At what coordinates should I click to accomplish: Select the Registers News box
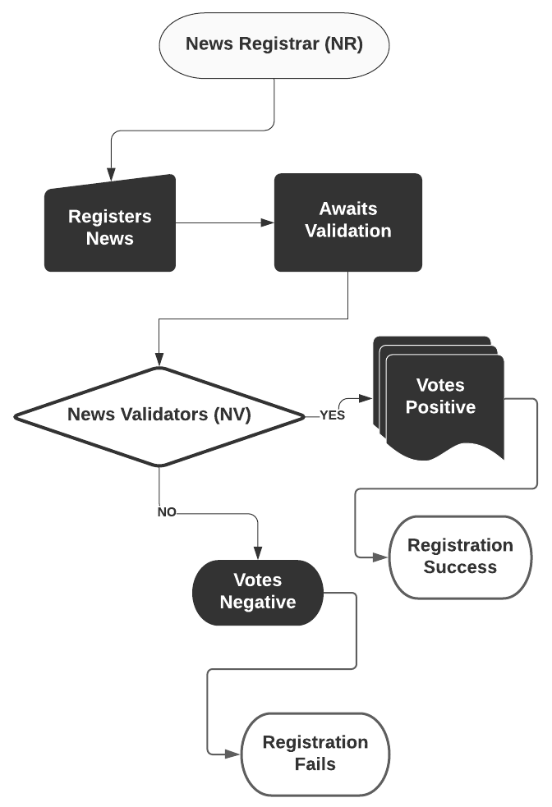coord(109,226)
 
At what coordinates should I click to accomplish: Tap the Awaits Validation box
coord(347,222)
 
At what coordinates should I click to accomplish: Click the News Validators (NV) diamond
coord(159,415)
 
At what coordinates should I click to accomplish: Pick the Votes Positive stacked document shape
coord(444,398)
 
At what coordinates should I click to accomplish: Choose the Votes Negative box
coord(257,592)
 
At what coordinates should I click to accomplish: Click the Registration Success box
coord(459,557)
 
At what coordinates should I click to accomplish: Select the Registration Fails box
coord(315,753)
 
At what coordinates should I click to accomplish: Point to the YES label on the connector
coord(332,415)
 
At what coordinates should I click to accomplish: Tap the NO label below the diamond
coord(167,512)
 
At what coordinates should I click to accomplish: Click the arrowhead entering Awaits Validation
coord(267,222)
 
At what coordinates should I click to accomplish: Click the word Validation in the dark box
coord(347,232)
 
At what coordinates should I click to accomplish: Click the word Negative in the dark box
coord(257,603)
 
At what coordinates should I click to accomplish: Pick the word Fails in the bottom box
coord(315,764)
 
